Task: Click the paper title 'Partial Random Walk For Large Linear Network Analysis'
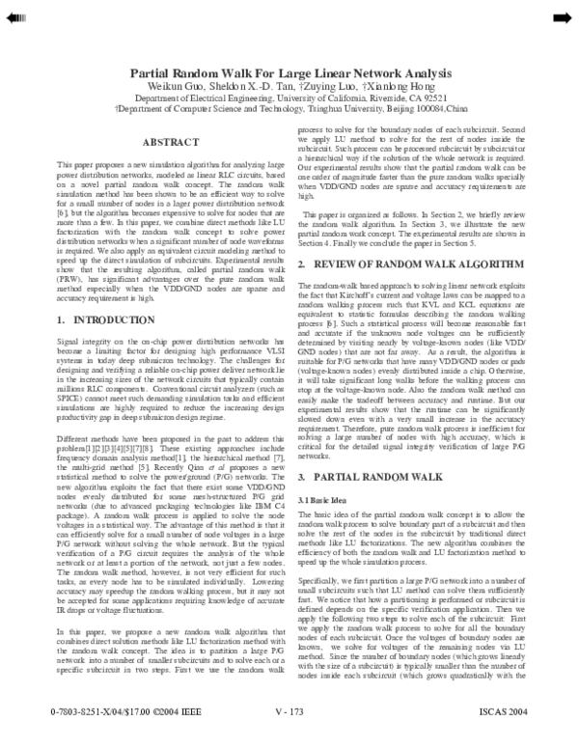click(x=289, y=72)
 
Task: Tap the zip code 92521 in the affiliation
click(x=431, y=98)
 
